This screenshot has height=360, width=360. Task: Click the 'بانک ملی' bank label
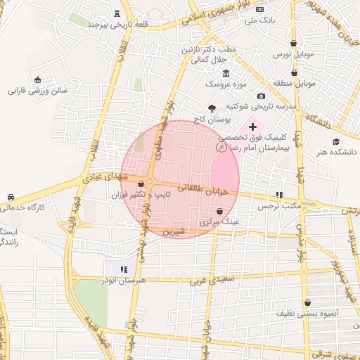[259, 21]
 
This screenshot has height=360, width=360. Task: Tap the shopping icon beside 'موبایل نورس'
[293, 43]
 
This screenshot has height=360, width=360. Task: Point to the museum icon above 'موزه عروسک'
[226, 73]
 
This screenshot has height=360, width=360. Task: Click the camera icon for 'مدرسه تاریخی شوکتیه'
[261, 96]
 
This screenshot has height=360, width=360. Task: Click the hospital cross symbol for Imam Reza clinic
[253, 126]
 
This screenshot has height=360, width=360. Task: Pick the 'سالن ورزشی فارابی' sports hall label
[36, 90]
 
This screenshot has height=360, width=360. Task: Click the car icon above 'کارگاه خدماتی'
[11, 197]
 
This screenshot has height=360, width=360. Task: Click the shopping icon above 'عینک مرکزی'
[219, 211]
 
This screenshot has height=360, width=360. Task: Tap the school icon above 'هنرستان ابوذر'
[124, 269]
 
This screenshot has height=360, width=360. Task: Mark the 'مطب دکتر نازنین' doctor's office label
[224, 51]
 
